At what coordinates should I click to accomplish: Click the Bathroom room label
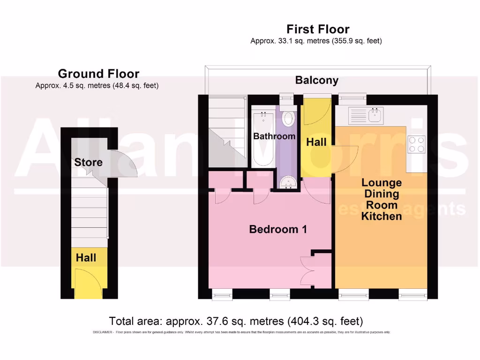(x=274, y=136)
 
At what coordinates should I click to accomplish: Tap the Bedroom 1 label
(x=278, y=229)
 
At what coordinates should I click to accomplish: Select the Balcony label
(x=316, y=80)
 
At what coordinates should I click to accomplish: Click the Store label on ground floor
(x=88, y=162)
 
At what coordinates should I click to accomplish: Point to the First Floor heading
(x=318, y=30)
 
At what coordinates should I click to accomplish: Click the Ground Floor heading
(x=98, y=74)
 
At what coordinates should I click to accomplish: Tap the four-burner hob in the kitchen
(x=416, y=144)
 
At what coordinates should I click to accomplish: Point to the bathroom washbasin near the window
(x=289, y=118)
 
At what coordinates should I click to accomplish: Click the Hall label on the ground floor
(x=86, y=257)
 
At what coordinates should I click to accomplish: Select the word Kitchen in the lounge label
(x=382, y=216)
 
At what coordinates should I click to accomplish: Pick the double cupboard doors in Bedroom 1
(x=307, y=271)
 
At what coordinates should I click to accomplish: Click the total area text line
(x=236, y=322)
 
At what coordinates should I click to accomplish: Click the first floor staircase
(x=226, y=131)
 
